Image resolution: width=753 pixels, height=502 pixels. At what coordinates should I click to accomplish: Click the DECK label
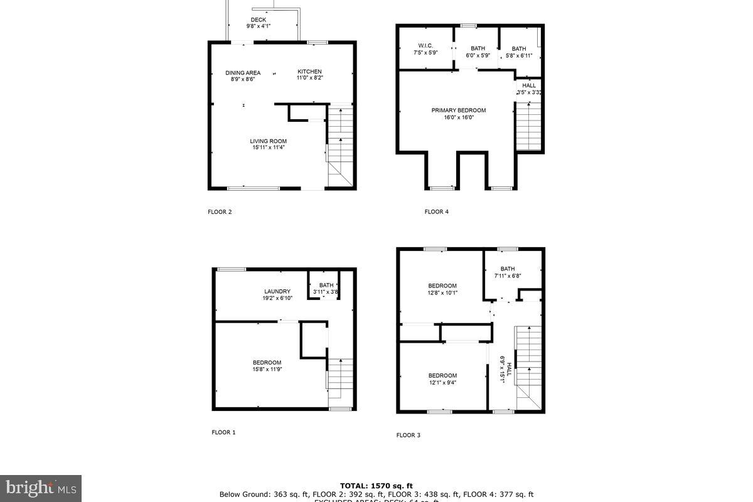pos(258,19)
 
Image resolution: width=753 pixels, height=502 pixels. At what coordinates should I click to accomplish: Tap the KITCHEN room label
pos(309,72)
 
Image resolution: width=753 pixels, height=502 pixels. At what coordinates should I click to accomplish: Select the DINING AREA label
pos(243,73)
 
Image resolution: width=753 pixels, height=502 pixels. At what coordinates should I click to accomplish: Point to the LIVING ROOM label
pos(269,141)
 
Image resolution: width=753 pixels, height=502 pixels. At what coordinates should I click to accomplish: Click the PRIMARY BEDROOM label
pos(458,110)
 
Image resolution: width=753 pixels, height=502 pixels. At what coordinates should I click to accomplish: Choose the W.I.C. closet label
pos(425,45)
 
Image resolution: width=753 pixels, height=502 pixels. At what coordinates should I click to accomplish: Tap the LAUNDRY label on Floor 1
pos(277,291)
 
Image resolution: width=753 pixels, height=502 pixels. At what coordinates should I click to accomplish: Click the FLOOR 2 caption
pos(220,212)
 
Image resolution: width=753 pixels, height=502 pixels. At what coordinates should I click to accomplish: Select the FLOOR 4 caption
pos(436,212)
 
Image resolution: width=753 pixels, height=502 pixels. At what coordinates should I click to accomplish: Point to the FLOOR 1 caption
pos(223,432)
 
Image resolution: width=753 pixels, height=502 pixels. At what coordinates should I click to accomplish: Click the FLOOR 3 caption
pos(408,435)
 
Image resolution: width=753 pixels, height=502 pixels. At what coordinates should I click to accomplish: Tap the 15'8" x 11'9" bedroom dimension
pos(267,370)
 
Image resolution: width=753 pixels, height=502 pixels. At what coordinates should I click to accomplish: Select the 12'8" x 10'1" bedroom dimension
pos(442,292)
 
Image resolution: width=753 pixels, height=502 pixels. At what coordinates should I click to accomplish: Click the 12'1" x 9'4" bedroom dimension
pos(442,382)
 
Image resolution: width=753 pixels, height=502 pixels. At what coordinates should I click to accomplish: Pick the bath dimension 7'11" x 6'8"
pos(507,275)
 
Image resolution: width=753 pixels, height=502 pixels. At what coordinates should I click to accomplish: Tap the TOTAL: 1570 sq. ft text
pos(376,486)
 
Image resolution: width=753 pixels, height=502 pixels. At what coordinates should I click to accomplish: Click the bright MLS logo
pos(40,488)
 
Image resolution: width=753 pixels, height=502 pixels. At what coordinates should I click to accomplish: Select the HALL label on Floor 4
pos(529,85)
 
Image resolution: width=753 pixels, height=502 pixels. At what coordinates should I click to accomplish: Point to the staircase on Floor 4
pos(528,125)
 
